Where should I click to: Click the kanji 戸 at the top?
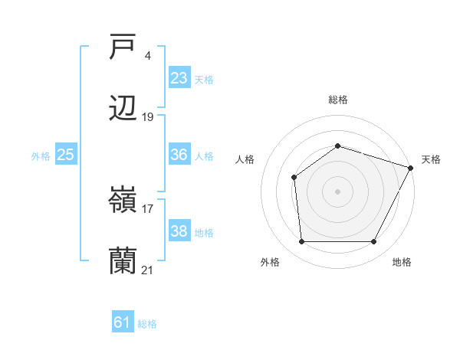click(123, 47)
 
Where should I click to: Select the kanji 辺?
click(123, 110)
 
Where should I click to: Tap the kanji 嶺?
click(123, 201)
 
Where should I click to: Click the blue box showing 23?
click(179, 78)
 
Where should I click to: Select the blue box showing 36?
click(179, 155)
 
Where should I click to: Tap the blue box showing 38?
click(179, 231)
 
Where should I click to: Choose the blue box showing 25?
click(65, 155)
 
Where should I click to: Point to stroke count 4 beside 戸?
click(147, 55)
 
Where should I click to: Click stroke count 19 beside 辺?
click(148, 117)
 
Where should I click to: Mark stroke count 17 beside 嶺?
click(148, 208)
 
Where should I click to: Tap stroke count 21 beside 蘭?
click(148, 270)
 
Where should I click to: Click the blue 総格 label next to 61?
click(147, 324)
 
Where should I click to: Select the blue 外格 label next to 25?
click(41, 155)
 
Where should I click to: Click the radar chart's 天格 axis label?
click(431, 159)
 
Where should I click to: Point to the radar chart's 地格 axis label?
click(402, 262)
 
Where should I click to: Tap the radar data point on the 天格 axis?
click(411, 167)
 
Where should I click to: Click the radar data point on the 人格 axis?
click(294, 178)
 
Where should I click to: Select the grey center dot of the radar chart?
click(337, 191)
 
